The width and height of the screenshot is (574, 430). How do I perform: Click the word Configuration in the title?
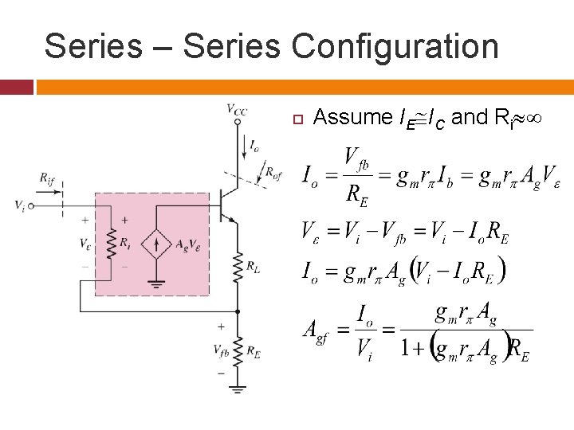[395, 46]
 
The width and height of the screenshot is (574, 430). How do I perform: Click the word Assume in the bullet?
[352, 118]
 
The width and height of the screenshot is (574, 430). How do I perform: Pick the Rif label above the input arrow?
[48, 177]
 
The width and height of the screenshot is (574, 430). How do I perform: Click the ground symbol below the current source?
[157, 282]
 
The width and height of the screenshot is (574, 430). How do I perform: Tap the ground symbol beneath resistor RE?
[237, 389]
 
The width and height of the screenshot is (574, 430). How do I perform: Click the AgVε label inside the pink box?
[187, 243]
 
